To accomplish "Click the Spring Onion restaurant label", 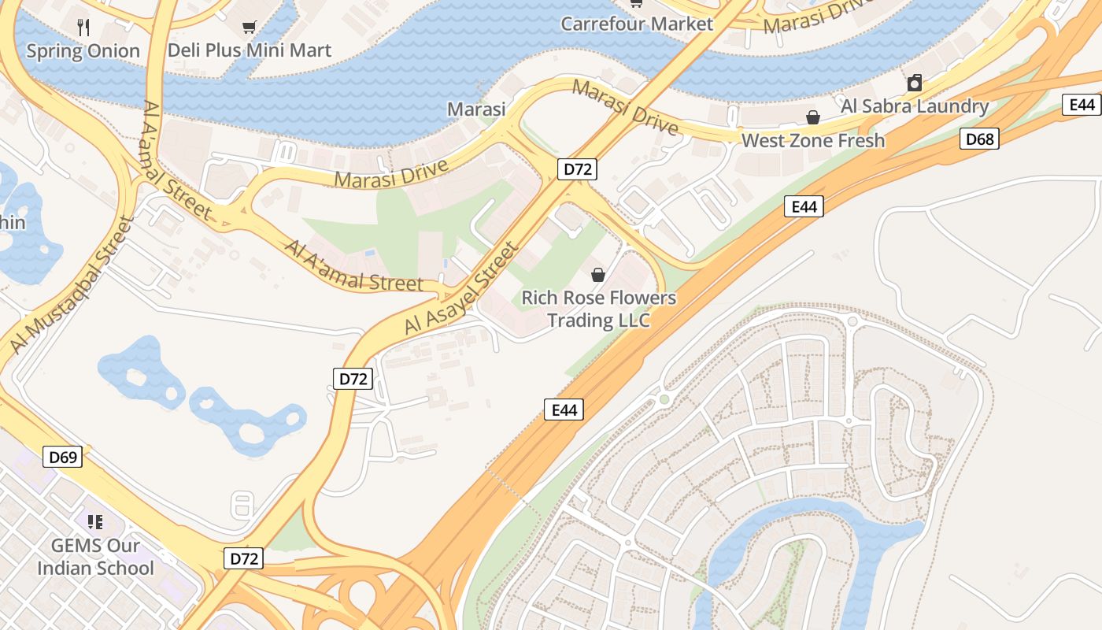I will (83, 51).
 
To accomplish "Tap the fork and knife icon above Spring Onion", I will (83, 28).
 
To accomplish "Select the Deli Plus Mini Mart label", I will (250, 50).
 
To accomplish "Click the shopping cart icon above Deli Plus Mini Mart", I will (250, 28).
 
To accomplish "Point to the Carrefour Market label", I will (637, 24).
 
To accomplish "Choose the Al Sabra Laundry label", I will (915, 106).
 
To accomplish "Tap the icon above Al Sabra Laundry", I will (915, 83).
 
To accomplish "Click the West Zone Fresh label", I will (813, 141).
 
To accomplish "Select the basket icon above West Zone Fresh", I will (813, 118).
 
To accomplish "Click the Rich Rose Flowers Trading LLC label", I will (599, 309).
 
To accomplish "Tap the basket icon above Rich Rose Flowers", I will (598, 275).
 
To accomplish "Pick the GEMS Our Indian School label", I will (95, 556).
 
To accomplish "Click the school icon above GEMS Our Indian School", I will (95, 521).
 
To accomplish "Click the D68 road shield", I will (979, 139).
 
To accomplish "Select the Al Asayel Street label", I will (462, 288).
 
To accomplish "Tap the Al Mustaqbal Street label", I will (69, 285).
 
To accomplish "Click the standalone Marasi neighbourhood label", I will (476, 109).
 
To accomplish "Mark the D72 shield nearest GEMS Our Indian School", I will (243, 558).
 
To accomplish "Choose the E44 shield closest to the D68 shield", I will (1082, 105).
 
